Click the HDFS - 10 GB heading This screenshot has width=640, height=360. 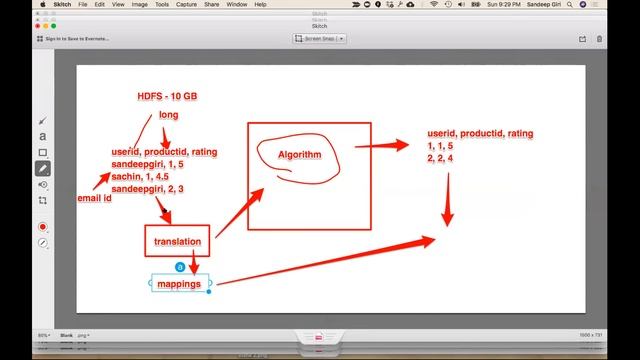click(x=168, y=96)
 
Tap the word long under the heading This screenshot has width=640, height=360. click(x=168, y=115)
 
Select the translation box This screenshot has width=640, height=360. click(x=178, y=241)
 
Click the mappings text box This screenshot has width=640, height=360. click(x=179, y=284)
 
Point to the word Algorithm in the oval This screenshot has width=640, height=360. click(x=300, y=155)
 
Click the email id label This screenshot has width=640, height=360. click(x=94, y=199)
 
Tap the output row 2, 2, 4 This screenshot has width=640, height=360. click(x=441, y=158)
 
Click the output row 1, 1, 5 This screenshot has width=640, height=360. click(x=441, y=146)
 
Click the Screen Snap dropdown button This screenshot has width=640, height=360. click(x=320, y=38)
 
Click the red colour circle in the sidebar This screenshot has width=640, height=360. click(x=42, y=227)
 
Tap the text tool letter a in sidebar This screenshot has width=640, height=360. click(x=42, y=136)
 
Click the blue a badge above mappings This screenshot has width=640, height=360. click(x=178, y=267)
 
